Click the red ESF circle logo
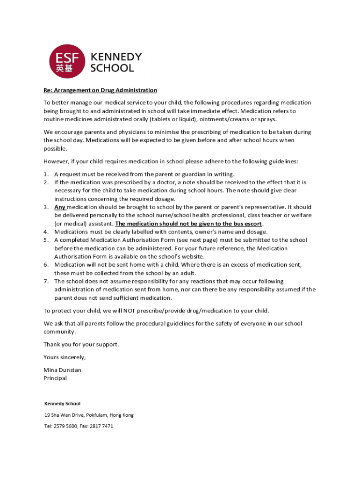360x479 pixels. click(67, 61)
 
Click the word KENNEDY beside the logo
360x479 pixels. click(115, 57)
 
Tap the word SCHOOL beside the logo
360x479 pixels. click(112, 68)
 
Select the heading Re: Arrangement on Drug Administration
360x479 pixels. click(100, 90)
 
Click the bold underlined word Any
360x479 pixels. click(60, 207)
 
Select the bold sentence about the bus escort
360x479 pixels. click(188, 224)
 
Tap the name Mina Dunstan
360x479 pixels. click(62, 370)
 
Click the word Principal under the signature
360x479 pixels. click(55, 378)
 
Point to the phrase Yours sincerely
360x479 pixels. click(65, 357)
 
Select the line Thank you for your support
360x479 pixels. click(81, 344)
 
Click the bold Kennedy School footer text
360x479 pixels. click(62, 403)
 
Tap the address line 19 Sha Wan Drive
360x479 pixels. click(89, 415)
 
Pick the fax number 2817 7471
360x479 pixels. click(101, 426)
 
